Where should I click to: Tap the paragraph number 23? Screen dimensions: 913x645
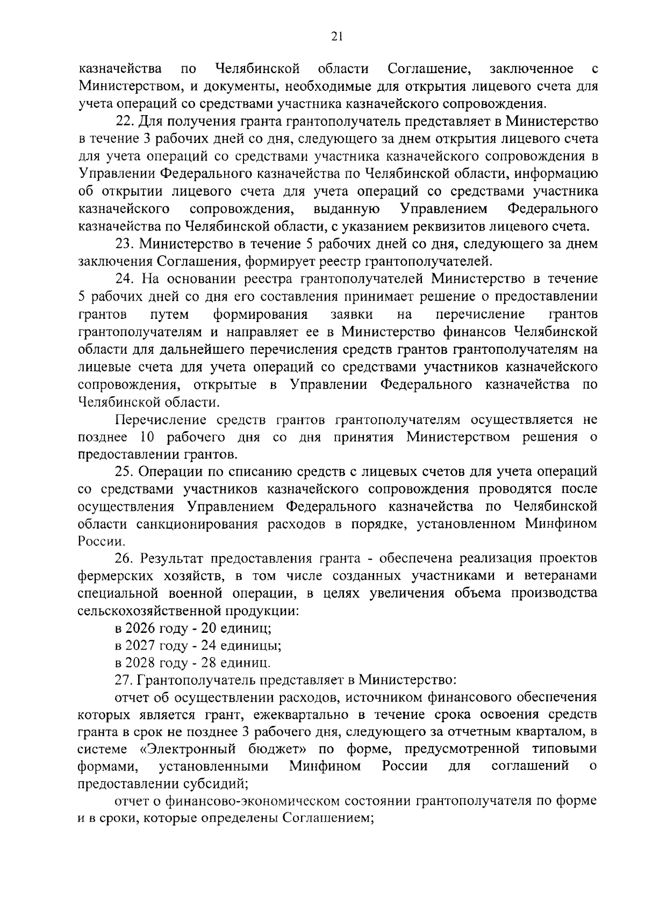point(125,244)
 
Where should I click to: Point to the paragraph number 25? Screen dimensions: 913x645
point(125,471)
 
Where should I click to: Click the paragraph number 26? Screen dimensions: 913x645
point(125,559)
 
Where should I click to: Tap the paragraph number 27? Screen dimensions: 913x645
point(125,680)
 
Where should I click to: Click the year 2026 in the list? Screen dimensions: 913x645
point(139,628)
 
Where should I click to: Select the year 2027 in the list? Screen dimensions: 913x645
point(139,645)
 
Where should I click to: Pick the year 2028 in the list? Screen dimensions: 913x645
point(139,662)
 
